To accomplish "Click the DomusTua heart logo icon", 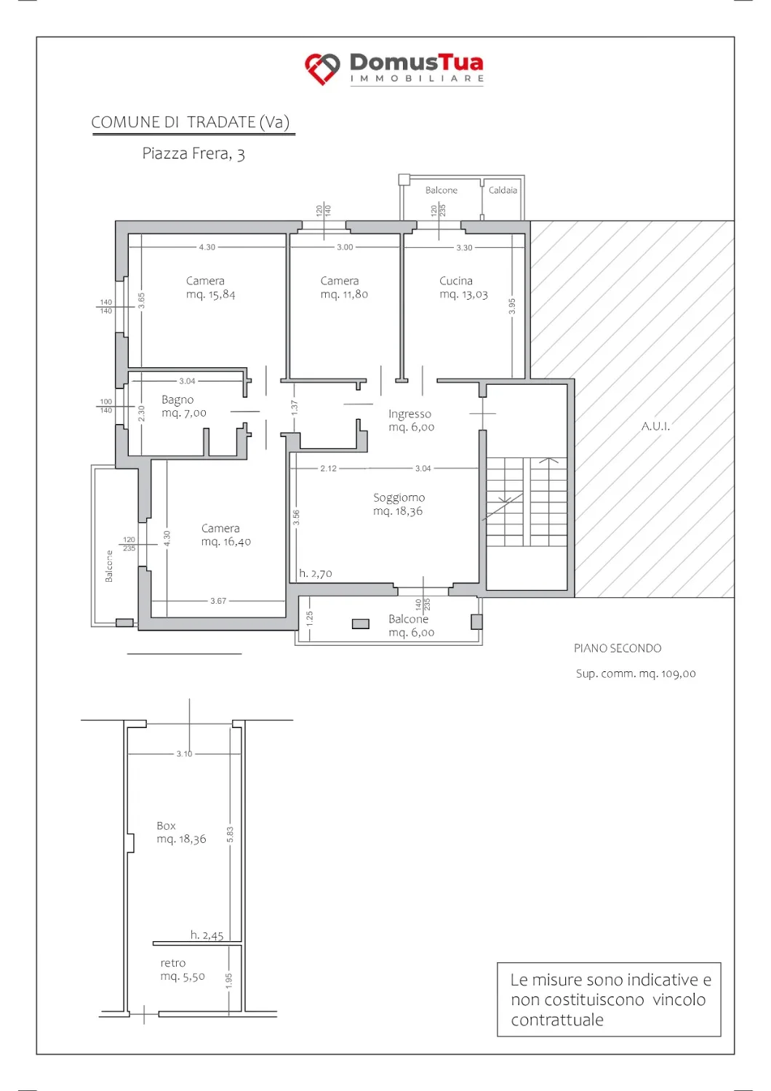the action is click(x=322, y=68).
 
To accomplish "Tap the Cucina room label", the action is click(x=455, y=281).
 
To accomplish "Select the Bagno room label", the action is click(x=177, y=400).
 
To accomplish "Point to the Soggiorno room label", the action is click(x=399, y=497).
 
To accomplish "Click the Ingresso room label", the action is click(x=410, y=414).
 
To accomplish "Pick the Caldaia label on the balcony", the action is click(x=503, y=191).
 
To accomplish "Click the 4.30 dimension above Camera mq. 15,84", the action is click(x=207, y=247).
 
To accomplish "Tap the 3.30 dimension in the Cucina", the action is click(x=464, y=248).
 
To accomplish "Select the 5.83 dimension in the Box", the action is click(x=230, y=834).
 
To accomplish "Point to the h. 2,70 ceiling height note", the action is click(x=316, y=573).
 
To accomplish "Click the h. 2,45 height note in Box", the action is click(x=207, y=935).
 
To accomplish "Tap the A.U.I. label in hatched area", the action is click(x=655, y=426).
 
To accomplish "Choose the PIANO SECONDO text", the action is click(x=618, y=648).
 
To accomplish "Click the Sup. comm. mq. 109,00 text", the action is click(x=636, y=674).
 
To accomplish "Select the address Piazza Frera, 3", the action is click(x=193, y=154).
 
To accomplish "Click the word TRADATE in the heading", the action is click(x=222, y=121).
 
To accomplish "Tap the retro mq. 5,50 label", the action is click(x=183, y=970).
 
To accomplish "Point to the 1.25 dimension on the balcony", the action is click(x=309, y=619).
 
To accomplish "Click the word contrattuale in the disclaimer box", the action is click(x=556, y=1020).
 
